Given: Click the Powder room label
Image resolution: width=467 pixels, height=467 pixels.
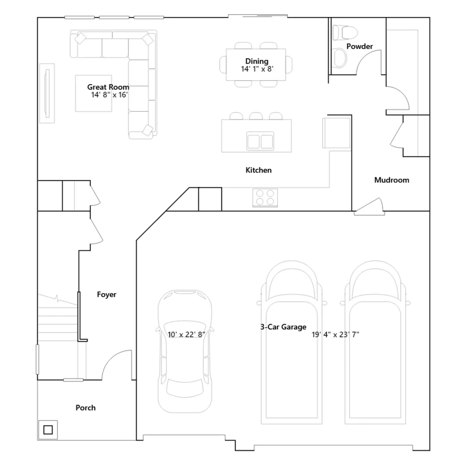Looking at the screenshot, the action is tap(359, 46).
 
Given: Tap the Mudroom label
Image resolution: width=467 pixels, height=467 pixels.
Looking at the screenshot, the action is tap(392, 180).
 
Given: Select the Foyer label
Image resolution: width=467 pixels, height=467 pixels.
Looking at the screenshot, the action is tap(107, 295).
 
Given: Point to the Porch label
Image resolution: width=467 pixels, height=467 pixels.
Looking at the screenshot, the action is tap(86, 408).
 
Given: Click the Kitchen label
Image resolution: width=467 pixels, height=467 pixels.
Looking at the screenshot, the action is tap(258, 170).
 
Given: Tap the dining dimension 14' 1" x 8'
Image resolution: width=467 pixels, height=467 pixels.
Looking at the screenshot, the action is tap(257, 69).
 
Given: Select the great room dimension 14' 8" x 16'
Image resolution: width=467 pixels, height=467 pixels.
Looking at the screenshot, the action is tap(109, 95).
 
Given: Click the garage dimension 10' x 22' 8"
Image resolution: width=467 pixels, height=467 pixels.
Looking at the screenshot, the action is tap(186, 334).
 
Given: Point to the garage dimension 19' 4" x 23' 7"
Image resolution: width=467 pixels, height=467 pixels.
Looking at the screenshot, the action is tap(335, 334).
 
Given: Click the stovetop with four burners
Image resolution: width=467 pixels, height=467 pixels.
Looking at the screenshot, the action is tap(265, 198).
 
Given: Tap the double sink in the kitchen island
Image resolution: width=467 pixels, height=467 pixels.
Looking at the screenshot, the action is tap(260, 141).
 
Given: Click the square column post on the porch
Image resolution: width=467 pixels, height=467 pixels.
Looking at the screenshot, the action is tap(48, 430).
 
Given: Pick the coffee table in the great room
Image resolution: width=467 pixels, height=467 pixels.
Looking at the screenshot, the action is tap(93, 93).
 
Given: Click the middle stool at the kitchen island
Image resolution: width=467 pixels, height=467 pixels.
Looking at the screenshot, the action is tap(256, 116).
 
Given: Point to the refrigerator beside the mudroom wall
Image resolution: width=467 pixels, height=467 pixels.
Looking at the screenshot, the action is tap(336, 133).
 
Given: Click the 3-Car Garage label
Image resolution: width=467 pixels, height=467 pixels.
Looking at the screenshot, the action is tap(283, 327).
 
